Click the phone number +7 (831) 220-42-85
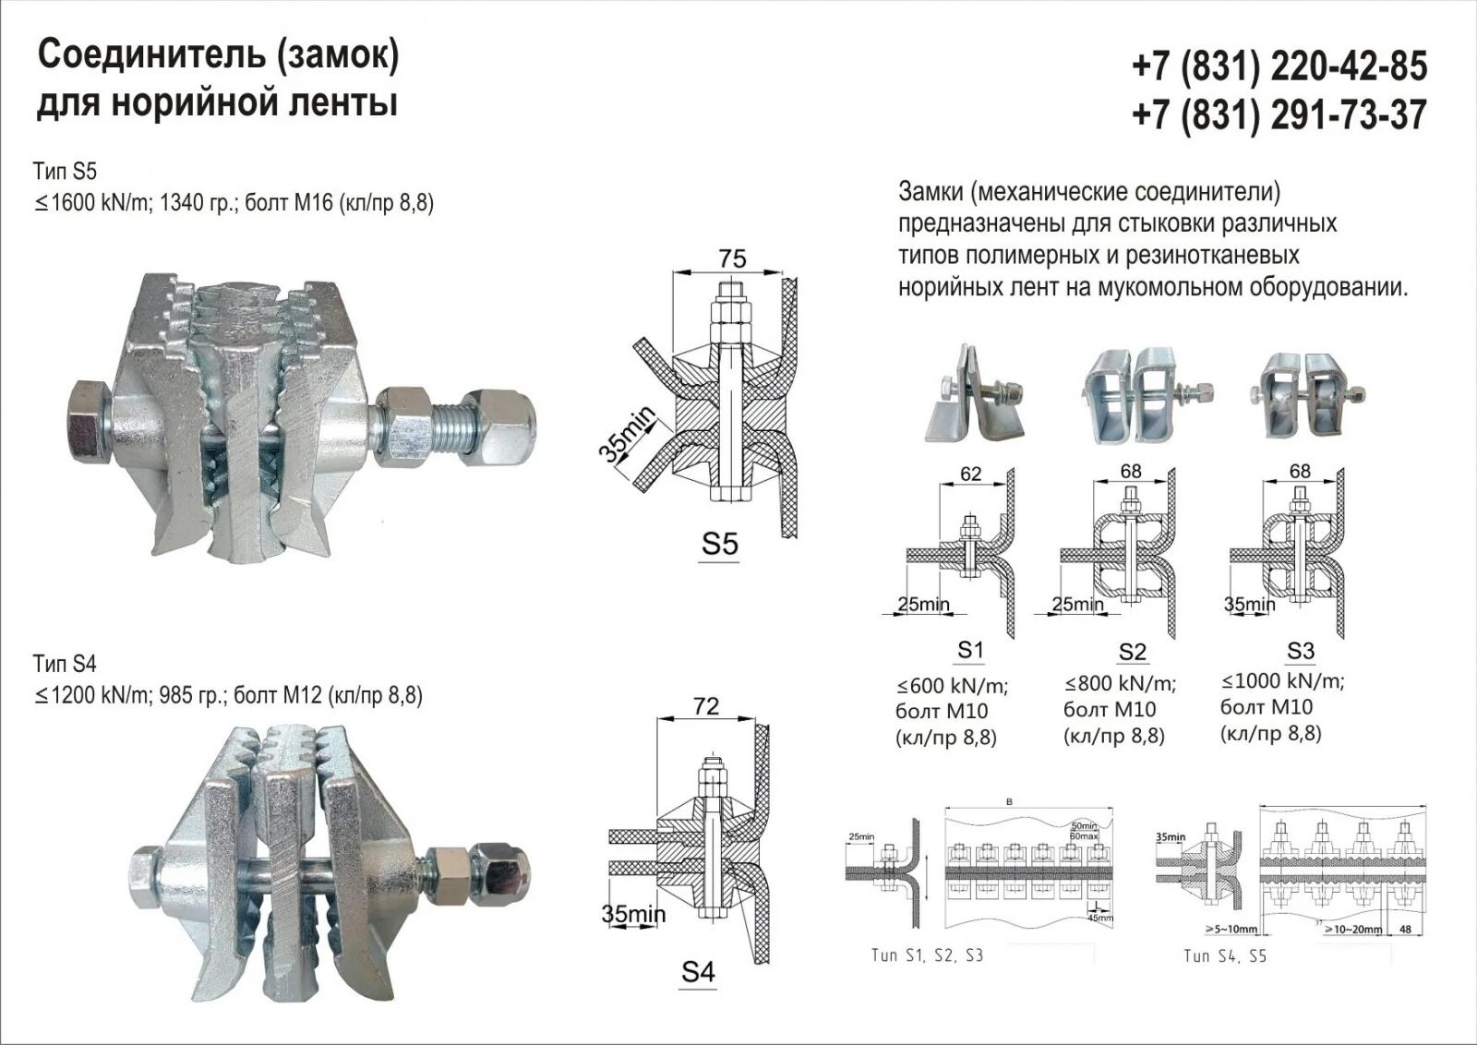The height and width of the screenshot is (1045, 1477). coord(1279,66)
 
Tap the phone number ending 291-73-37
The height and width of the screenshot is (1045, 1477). coord(1279,115)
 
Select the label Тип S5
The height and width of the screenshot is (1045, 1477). coord(65,172)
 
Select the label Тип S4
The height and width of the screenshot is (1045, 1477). coord(65,664)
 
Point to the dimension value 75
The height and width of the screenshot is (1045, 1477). coord(732,258)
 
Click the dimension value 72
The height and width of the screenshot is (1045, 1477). coord(705,706)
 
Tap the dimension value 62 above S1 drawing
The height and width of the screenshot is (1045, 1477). coord(971,474)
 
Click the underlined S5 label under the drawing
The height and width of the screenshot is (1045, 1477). coord(720,544)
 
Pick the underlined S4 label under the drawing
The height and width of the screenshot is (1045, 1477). coord(698,971)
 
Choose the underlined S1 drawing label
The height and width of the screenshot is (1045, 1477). coord(970,650)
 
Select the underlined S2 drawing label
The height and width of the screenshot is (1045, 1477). coord(1132,652)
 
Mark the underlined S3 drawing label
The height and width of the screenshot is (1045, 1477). coord(1300,651)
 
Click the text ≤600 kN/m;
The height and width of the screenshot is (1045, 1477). coord(952,686)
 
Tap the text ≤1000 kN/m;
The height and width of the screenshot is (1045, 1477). coord(1282,682)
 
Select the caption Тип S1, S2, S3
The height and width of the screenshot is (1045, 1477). coord(927,955)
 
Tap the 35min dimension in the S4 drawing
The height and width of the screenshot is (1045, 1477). coord(633,915)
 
